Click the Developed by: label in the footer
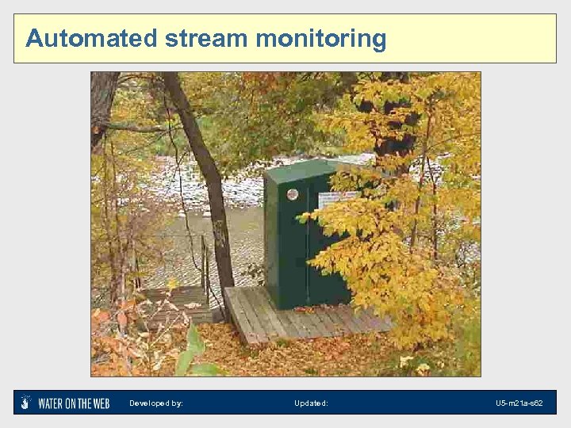click(x=156, y=403)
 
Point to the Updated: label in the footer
click(x=311, y=403)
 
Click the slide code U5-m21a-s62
click(x=519, y=403)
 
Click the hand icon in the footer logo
click(x=26, y=403)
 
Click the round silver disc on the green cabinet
click(x=293, y=194)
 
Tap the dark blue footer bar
click(x=397, y=403)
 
